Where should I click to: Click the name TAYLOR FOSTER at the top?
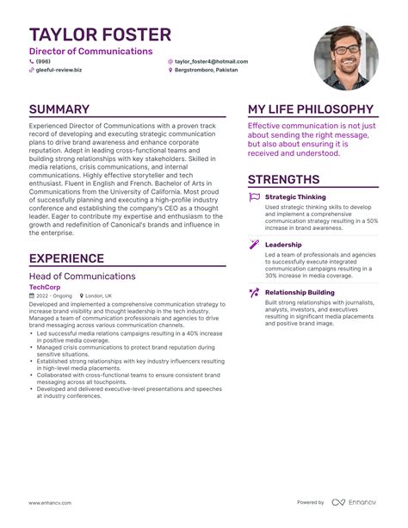(100, 34)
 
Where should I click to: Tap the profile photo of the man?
(346, 58)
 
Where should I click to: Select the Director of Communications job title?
(90, 52)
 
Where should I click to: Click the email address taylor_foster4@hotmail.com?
(211, 61)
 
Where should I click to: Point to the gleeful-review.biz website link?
(59, 70)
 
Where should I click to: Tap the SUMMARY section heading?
(59, 109)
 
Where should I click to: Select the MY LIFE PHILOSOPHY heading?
(311, 109)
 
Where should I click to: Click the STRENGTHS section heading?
(283, 179)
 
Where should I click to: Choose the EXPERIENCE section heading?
(66, 258)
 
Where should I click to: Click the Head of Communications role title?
(82, 276)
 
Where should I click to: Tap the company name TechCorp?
(45, 287)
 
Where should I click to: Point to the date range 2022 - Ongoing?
(56, 295)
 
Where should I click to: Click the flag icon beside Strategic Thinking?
(254, 197)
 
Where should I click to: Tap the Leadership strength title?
(283, 245)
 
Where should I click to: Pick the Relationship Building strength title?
(300, 293)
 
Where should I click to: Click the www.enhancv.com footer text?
(49, 502)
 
